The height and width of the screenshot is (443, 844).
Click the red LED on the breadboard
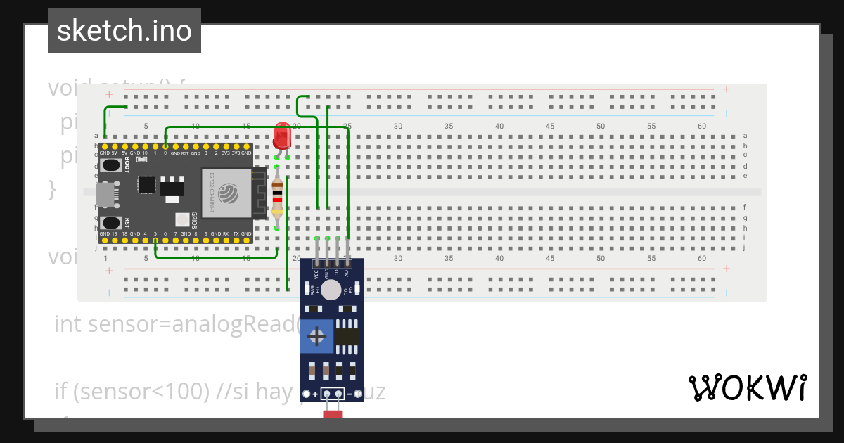point(282,135)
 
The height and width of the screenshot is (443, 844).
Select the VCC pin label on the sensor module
point(316,274)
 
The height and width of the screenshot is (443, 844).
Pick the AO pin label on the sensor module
point(347,274)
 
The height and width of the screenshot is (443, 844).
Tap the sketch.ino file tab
point(124,31)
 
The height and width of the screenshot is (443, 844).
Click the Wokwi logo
point(747,387)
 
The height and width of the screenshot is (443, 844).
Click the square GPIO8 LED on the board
point(182,219)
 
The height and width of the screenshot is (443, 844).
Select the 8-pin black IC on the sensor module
point(347,336)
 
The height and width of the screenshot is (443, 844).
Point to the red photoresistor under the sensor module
point(332,414)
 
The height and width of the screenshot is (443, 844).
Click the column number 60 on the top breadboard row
point(702,126)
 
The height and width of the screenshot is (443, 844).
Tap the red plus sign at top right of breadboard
point(726,89)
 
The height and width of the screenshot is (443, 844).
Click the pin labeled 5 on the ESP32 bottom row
point(155,240)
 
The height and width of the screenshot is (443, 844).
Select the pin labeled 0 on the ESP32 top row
point(165,146)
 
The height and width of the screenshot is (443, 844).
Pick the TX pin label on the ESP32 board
point(236,233)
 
